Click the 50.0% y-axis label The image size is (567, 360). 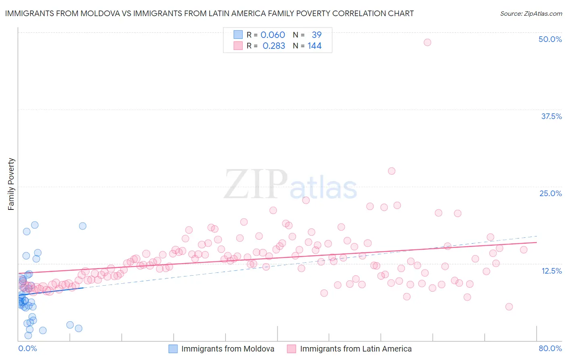pos(550,39)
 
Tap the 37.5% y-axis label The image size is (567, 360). pos(551,116)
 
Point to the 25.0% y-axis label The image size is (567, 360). pos(550,193)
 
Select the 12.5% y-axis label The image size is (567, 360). pos(551,271)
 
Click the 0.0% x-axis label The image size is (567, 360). pos(27,348)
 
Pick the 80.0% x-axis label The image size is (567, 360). pos(550,348)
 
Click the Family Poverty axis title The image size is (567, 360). pos(11,184)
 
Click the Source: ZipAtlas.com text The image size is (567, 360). pos(531,13)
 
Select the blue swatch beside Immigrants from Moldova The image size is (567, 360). pos(173,349)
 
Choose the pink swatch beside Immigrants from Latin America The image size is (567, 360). pos(292,349)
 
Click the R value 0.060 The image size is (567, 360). pos(273,35)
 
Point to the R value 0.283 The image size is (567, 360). pos(273,46)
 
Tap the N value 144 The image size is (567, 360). pos(315,46)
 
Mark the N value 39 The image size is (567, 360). pos(317,35)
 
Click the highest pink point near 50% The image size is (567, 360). pos(427,42)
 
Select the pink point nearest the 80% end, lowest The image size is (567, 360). pos(509,307)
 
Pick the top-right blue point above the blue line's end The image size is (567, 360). pos(83,226)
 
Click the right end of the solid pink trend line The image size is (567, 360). pos(536,242)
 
